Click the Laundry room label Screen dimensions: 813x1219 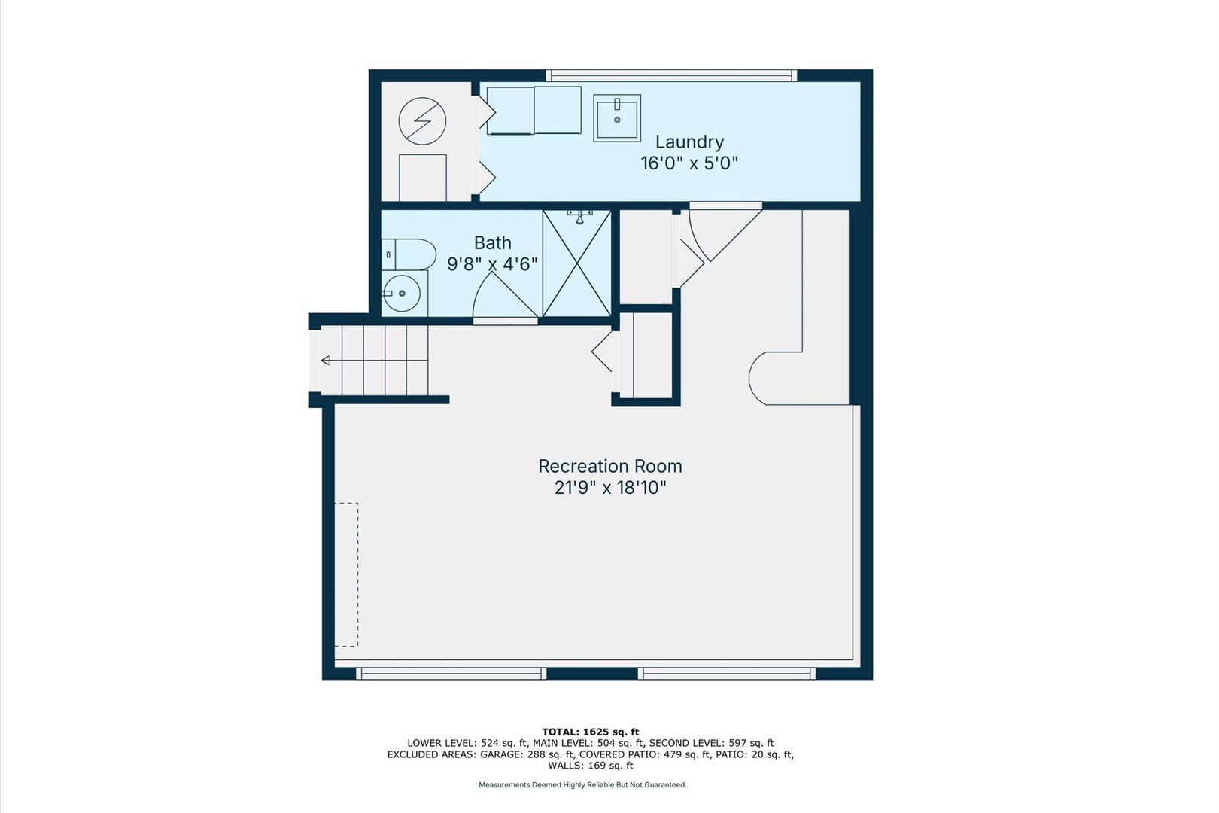coord(689,142)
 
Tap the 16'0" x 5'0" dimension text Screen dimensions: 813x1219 coord(689,163)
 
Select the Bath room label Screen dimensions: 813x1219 coord(493,243)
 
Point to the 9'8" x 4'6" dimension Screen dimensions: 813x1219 coord(493,264)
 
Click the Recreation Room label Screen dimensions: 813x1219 coord(610,467)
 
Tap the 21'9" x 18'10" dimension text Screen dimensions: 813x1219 coord(610,488)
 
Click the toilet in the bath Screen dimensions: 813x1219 coord(409,254)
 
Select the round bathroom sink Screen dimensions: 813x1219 coord(403,293)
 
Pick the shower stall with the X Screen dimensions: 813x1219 coord(577,264)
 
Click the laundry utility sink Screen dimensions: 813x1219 coord(617,117)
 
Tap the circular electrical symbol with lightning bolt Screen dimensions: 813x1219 coord(422,121)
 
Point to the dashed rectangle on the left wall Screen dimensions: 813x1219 coord(346,574)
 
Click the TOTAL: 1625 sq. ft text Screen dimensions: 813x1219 coord(590,732)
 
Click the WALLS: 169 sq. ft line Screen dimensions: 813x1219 coord(590,766)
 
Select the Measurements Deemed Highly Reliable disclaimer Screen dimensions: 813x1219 coord(582,785)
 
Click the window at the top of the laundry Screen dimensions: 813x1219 coord(671,75)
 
